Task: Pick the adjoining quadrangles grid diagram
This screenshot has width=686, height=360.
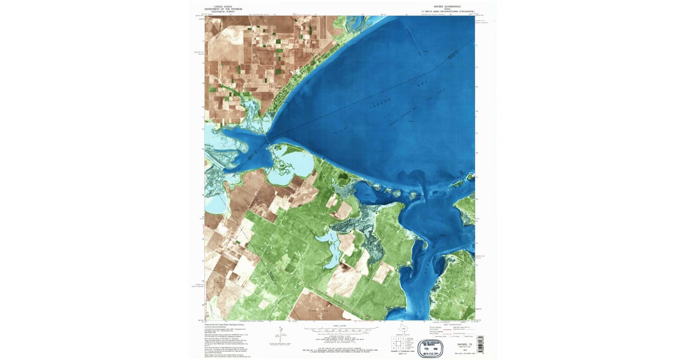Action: coord(397,343)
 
